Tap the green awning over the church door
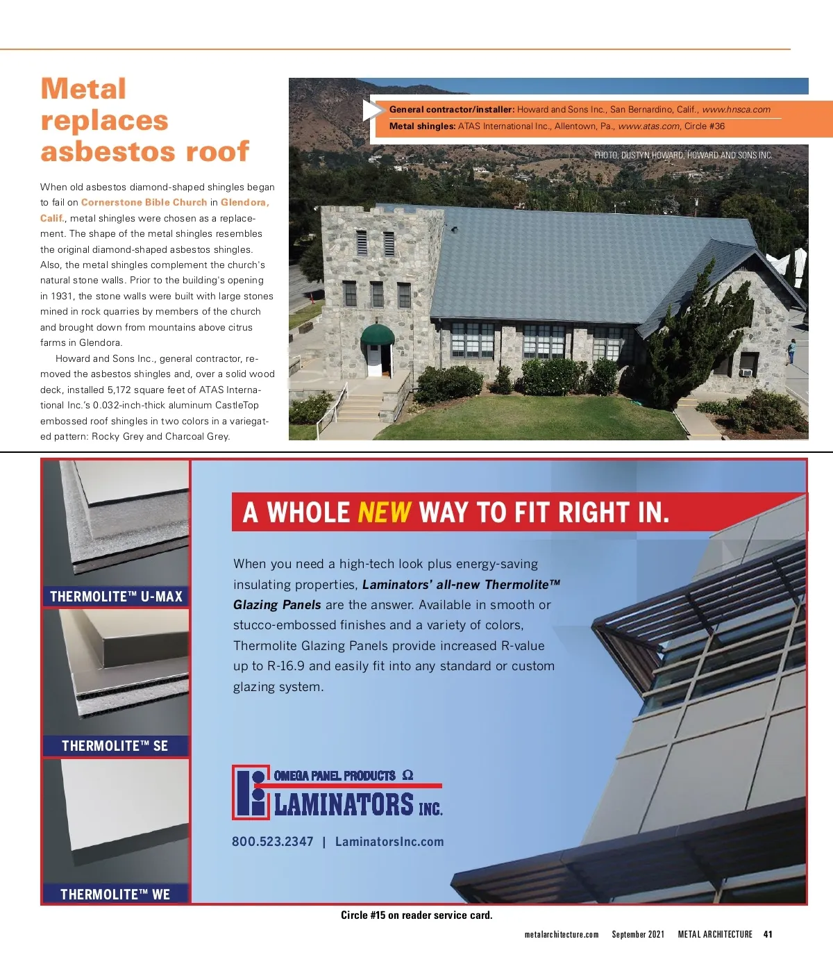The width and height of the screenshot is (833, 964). click(378, 334)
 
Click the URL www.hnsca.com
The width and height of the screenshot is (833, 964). click(736, 110)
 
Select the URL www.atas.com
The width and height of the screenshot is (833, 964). click(648, 126)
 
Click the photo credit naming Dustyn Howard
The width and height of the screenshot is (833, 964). click(683, 156)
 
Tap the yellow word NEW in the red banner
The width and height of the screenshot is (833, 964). click(384, 513)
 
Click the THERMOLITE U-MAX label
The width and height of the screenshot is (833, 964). click(116, 597)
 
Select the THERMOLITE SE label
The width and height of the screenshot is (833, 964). click(115, 746)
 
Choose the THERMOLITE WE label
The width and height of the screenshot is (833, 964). click(115, 895)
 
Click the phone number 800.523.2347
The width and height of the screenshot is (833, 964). click(273, 842)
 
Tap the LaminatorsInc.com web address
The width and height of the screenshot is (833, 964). click(389, 842)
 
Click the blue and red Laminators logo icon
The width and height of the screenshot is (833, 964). click(251, 792)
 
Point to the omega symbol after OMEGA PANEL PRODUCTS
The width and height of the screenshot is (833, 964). click(408, 775)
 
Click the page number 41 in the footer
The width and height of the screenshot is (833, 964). click(768, 935)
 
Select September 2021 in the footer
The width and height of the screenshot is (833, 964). click(638, 935)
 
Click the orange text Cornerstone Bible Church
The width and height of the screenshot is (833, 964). click(144, 203)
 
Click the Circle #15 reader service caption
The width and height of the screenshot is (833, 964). click(416, 915)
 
